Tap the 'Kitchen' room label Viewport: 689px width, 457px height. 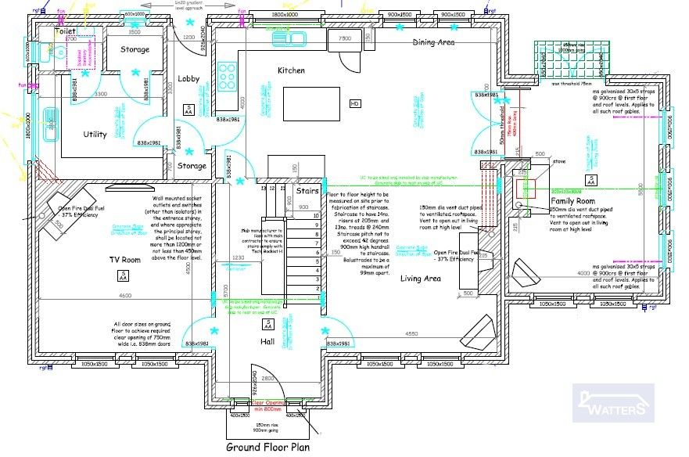pyautogui.click(x=291, y=70)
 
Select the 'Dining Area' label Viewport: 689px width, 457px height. pyautogui.click(x=434, y=43)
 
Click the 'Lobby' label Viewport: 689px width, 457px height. pyautogui.click(x=189, y=79)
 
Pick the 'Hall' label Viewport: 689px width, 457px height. pyautogui.click(x=268, y=341)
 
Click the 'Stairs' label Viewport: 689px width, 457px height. pyautogui.click(x=307, y=189)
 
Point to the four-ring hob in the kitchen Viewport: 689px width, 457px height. pyautogui.click(x=228, y=75)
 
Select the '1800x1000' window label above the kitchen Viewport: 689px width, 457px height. pyautogui.click(x=285, y=15)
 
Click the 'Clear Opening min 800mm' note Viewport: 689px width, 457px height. pyautogui.click(x=269, y=407)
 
